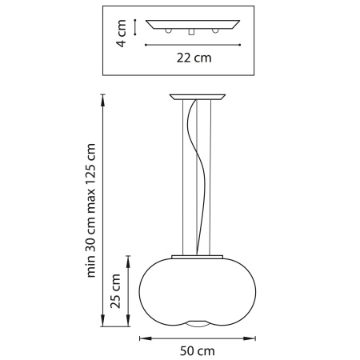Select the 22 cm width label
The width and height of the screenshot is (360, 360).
tap(194, 58)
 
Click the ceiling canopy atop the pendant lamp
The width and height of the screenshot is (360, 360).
tap(195, 98)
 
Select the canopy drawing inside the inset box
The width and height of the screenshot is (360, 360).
tap(193, 25)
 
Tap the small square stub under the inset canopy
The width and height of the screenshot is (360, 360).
tap(193, 33)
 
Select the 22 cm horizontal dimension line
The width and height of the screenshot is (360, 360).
tap(193, 45)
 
